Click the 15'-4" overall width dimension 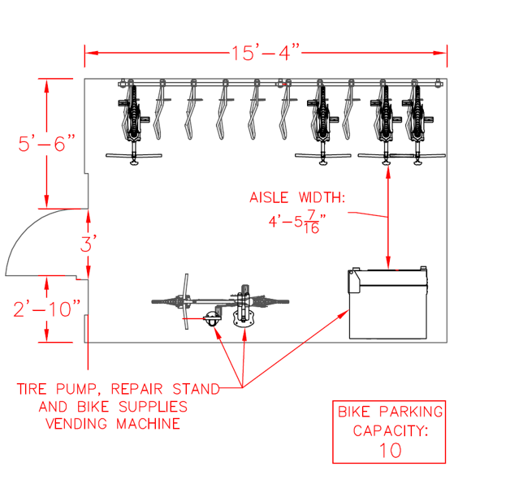[x=266, y=54]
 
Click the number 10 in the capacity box [x=389, y=450]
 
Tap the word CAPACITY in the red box [x=389, y=430]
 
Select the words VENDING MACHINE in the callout [x=113, y=423]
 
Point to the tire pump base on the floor [x=213, y=318]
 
